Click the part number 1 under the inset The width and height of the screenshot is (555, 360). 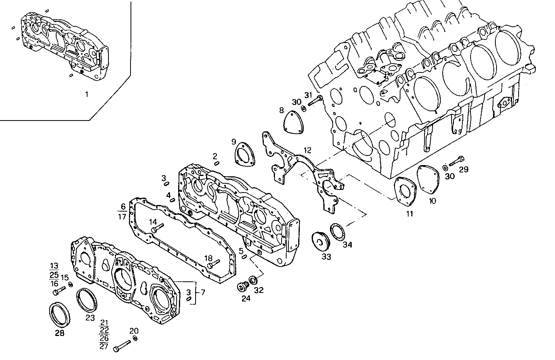click(x=86, y=94)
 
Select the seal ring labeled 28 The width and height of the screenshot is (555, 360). click(x=60, y=313)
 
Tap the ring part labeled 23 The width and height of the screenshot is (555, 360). click(x=88, y=299)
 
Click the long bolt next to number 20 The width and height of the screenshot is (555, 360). click(x=123, y=345)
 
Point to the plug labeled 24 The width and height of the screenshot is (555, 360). click(x=243, y=288)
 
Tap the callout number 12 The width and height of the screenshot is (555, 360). click(x=307, y=150)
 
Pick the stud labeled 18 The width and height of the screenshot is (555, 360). click(x=214, y=265)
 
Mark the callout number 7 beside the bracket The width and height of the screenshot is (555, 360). click(x=203, y=292)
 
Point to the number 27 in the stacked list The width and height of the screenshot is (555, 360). click(x=104, y=346)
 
